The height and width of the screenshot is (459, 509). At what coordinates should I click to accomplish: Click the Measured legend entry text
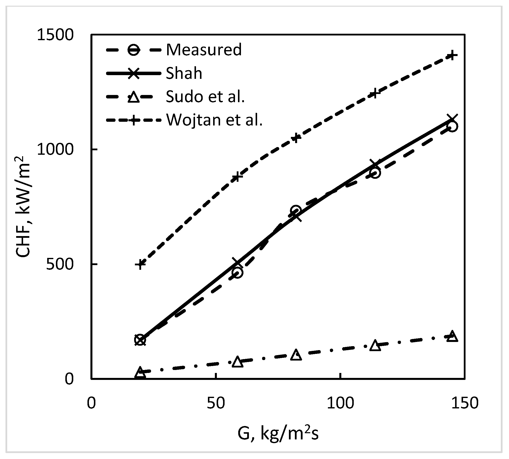coord(204,50)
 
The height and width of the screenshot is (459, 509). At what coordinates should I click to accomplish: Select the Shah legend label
coord(184,74)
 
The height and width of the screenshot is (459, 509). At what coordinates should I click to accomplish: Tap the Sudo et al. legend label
coord(205,96)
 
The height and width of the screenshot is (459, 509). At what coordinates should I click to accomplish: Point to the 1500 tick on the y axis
coord(55,34)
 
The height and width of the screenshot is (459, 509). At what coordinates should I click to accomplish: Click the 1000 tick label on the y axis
coord(55,150)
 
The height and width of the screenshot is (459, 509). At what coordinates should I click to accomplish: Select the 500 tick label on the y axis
coord(60,264)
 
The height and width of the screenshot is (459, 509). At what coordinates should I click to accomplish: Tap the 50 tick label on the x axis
coord(216,403)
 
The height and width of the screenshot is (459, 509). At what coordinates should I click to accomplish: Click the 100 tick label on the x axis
coord(340,403)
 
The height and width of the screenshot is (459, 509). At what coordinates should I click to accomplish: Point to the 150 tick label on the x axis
coord(465,403)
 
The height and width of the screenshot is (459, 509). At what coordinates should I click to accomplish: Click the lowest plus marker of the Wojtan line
coord(140,264)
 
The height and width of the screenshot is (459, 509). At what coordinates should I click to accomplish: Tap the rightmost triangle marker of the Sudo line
coord(452,336)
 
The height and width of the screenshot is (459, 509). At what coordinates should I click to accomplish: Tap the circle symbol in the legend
coord(134,50)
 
